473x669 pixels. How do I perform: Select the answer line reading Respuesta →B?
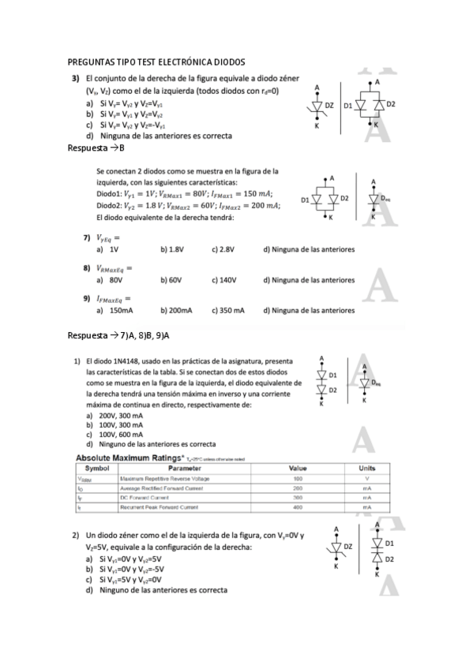[x=97, y=148]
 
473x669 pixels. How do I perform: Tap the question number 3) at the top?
[x=76, y=78]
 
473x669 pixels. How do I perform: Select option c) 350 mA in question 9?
[x=228, y=310]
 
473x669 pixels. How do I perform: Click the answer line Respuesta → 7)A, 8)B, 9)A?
[x=119, y=335]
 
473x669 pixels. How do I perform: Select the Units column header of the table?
[x=367, y=468]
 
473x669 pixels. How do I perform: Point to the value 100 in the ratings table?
[x=298, y=479]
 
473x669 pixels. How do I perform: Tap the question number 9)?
[x=87, y=298]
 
